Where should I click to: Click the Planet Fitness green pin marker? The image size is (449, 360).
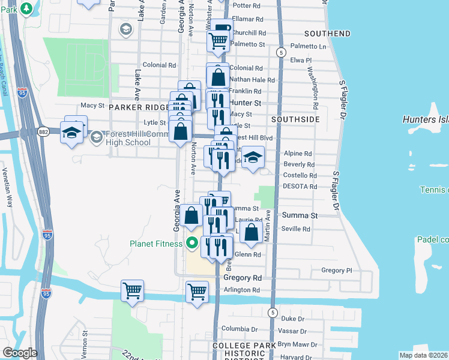point(192,243)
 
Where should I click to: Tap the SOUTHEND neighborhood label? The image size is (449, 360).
point(327,33)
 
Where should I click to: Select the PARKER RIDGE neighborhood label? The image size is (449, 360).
point(139,107)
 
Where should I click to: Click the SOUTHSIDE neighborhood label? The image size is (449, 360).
point(295,119)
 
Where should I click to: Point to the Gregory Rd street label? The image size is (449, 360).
point(243,278)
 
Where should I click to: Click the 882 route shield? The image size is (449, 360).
point(44,131)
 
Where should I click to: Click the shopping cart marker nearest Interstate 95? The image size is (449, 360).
point(132,291)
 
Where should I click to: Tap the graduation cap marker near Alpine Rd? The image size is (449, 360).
point(253,158)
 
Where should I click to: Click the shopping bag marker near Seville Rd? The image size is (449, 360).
point(251,232)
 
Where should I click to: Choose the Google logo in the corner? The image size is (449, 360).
point(20,353)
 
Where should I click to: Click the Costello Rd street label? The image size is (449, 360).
point(300,175)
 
